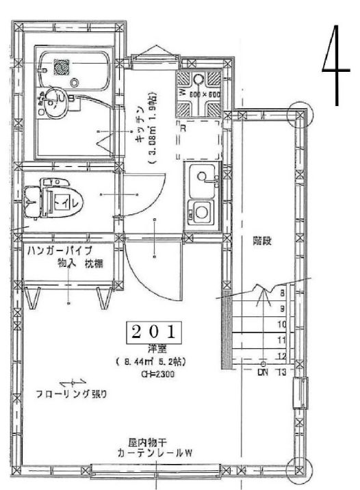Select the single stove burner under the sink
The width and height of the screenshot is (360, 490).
201,212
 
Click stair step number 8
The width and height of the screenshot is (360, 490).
281,292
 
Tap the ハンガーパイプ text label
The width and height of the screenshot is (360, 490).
60,250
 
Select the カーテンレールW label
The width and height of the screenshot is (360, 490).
154,453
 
